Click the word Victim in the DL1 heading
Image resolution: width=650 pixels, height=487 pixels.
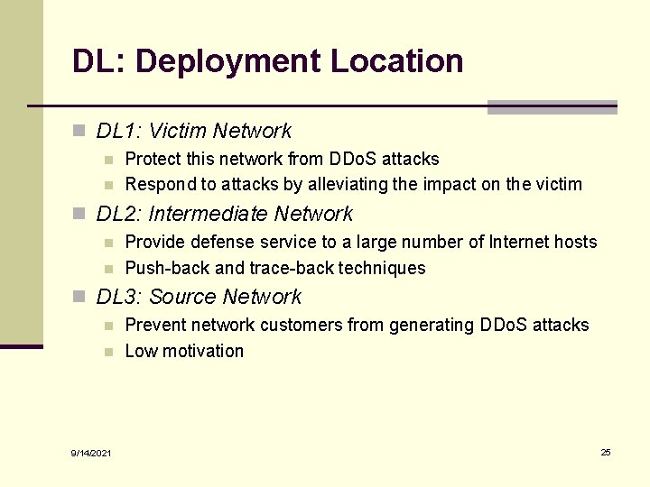pos(177,132)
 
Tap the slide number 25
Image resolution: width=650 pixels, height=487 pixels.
pos(606,452)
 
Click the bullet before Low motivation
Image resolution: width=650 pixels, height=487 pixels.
pos(108,352)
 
